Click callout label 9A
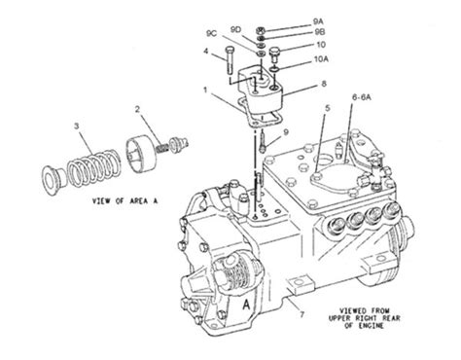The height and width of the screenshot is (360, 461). pyautogui.click(x=318, y=21)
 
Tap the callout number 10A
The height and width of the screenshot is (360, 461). pyautogui.click(x=321, y=59)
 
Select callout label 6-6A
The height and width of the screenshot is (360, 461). pyautogui.click(x=362, y=97)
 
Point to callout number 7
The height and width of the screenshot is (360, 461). pyautogui.click(x=301, y=314)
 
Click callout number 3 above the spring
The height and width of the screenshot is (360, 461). pyautogui.click(x=77, y=126)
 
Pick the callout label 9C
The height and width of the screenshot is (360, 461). pyautogui.click(x=211, y=33)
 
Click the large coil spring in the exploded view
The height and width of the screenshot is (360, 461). pyautogui.click(x=93, y=167)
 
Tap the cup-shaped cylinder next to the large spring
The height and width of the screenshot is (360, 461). pyautogui.click(x=141, y=153)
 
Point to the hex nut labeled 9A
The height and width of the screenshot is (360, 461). pyautogui.click(x=261, y=31)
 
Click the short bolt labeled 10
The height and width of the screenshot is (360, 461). pyautogui.click(x=274, y=55)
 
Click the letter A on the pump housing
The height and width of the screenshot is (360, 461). pyautogui.click(x=247, y=305)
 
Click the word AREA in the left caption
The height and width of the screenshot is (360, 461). pyautogui.click(x=139, y=201)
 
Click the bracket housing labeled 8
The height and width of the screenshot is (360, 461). pyautogui.click(x=260, y=91)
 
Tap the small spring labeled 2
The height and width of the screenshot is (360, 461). pyautogui.click(x=161, y=148)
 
